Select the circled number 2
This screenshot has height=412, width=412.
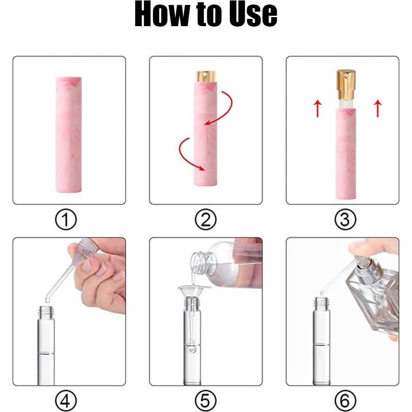(206, 220)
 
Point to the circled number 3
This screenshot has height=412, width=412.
(345, 220)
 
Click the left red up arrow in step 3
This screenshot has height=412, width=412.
(317, 109)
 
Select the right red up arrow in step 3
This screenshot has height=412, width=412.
(378, 109)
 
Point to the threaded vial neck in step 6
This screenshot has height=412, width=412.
(321, 303)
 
